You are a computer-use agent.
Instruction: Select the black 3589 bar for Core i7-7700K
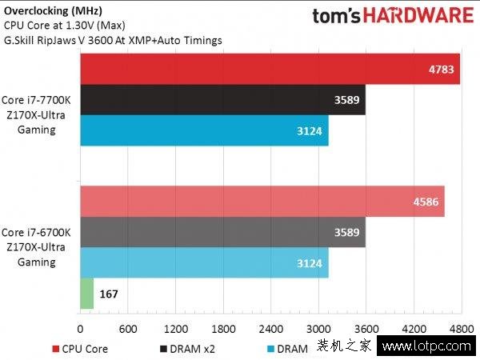click(x=222, y=100)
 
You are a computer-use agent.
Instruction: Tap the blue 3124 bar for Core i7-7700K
click(x=204, y=130)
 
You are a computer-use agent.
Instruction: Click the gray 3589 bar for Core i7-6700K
click(x=222, y=232)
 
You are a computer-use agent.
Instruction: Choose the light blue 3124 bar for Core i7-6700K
click(x=204, y=262)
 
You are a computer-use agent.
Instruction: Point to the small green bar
click(x=86, y=294)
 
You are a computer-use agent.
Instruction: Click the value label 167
click(x=110, y=294)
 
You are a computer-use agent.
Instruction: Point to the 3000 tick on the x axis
click(x=318, y=329)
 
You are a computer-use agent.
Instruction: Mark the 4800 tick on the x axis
click(x=461, y=329)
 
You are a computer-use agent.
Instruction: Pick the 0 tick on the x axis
click(x=80, y=329)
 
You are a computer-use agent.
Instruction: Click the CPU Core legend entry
click(x=80, y=348)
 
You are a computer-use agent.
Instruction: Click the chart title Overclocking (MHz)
click(x=48, y=10)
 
